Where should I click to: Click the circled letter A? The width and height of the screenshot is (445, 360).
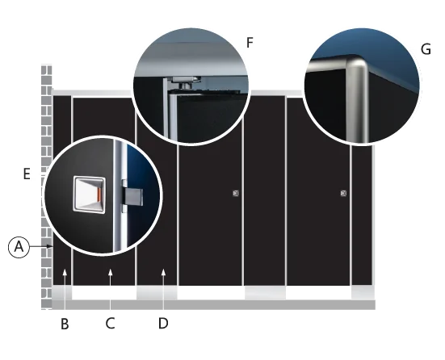tap(19, 247)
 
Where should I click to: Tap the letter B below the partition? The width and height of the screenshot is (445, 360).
tap(65, 324)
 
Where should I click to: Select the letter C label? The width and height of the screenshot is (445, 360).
tap(110, 324)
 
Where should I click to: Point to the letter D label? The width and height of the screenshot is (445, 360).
tap(163, 324)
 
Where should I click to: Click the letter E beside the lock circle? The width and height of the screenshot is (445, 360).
tap(27, 174)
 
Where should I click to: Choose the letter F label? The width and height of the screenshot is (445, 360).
tap(250, 43)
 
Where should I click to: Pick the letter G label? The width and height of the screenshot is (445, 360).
tap(426, 49)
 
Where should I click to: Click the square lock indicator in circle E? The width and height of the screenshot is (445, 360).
tap(89, 195)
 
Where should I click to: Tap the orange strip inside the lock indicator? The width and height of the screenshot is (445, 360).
tap(99, 195)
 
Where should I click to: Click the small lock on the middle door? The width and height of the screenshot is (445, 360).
tap(236, 193)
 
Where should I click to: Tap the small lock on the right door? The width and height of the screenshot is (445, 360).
tap(343, 193)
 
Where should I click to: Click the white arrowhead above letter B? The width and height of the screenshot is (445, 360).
tap(65, 272)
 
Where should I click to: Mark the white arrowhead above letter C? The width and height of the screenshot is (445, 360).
tap(111, 272)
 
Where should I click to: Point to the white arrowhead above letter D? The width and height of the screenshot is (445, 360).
tap(163, 272)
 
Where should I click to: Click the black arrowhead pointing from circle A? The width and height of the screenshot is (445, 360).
tap(51, 246)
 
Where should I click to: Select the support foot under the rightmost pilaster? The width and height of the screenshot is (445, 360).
tap(363, 292)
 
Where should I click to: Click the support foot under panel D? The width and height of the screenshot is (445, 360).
tap(157, 292)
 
